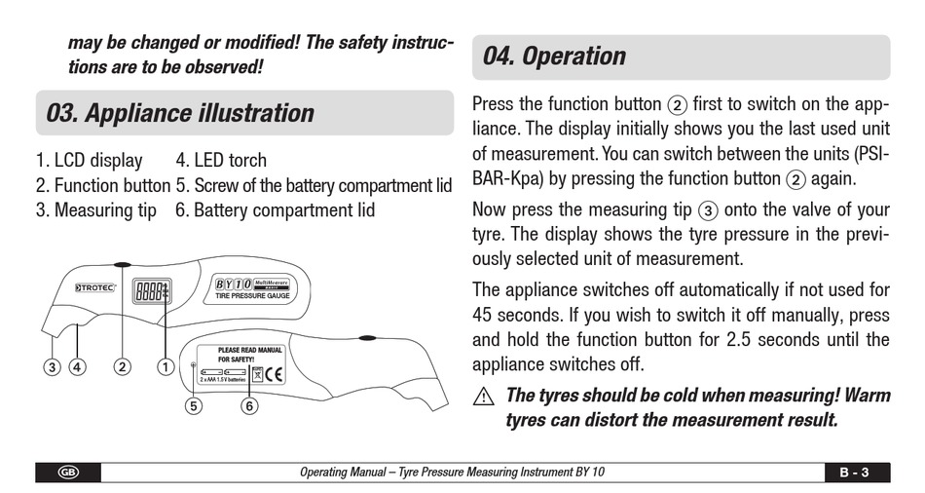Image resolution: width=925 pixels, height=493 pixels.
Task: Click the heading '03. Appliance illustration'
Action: coord(180,113)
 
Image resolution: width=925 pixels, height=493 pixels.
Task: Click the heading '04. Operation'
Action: coord(554,57)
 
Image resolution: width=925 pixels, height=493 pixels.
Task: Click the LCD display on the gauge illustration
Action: coord(151,290)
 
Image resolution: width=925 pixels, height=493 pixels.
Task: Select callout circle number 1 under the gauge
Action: coord(166,367)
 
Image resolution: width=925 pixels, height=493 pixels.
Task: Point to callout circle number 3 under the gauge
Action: coord(52,367)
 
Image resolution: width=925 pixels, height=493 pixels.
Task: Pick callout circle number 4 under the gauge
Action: coord(77,367)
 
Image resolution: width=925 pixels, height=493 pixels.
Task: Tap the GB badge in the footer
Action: coord(68,473)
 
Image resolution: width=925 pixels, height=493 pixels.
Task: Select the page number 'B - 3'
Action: coord(853,473)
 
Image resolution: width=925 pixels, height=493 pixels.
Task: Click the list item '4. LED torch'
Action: coord(221,160)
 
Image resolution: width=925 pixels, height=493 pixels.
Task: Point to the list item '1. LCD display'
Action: coord(89,160)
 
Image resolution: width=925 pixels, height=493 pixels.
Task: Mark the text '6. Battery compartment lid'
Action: coord(275,209)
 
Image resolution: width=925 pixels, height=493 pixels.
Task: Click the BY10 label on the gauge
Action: coord(234,284)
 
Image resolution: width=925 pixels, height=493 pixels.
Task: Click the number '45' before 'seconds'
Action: coord(483,316)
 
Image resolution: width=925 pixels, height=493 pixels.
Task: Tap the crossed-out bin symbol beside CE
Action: coord(257,373)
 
